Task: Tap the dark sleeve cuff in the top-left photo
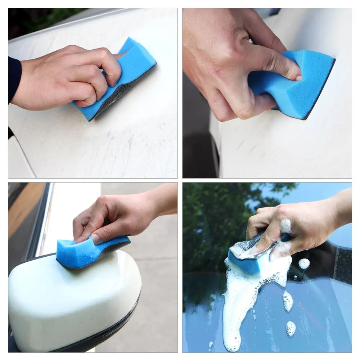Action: click(x=14, y=79)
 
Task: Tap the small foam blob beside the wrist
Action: click(x=304, y=264)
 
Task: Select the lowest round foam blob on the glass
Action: click(x=291, y=328)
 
